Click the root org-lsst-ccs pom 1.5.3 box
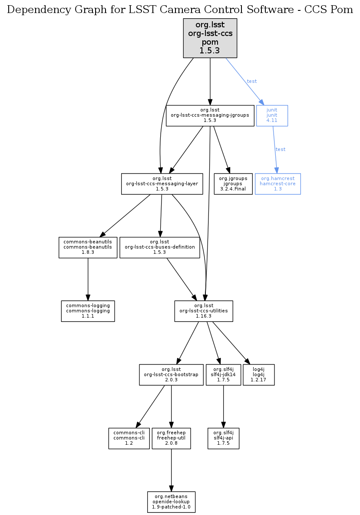point(210,38)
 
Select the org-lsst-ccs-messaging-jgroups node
point(210,116)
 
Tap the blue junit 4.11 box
point(272,116)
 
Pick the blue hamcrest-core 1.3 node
point(278,184)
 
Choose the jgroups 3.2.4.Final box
point(233,184)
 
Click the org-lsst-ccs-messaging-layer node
point(162,184)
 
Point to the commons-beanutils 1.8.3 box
point(88,247)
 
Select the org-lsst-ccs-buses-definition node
point(160,247)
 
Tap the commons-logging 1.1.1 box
point(88,311)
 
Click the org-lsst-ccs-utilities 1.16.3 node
point(204,311)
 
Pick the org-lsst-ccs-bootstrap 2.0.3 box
point(172,375)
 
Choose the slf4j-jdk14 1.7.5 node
point(223,375)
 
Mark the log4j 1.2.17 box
point(259,375)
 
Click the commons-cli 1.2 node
point(129,438)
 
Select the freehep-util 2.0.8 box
point(172,438)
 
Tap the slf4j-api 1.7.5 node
point(223,438)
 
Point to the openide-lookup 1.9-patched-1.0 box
point(172,502)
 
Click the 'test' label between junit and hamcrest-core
point(281,149)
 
